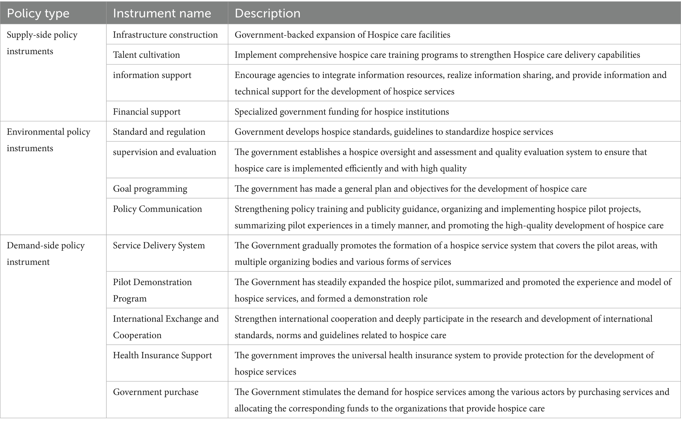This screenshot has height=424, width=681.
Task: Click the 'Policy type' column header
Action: (38, 13)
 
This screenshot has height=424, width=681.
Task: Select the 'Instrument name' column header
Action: (162, 13)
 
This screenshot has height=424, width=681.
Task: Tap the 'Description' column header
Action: (267, 13)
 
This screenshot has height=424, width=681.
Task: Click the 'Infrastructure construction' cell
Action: (165, 35)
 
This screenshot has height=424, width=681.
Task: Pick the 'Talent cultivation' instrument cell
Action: (147, 55)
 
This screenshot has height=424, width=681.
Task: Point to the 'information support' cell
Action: (152, 75)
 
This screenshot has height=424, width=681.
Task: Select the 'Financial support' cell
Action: (147, 112)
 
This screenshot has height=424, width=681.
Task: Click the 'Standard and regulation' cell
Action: (159, 132)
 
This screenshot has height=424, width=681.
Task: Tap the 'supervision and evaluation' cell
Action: (164, 152)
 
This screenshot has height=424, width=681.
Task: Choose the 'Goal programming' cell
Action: (150, 189)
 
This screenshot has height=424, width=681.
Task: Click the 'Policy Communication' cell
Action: (157, 209)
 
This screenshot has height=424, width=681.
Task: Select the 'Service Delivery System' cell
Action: (159, 245)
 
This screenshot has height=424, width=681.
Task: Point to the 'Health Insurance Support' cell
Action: (162, 355)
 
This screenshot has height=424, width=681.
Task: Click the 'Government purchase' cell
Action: (156, 392)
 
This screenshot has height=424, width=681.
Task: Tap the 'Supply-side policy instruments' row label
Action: (42, 43)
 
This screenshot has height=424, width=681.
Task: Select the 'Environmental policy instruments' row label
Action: (48, 140)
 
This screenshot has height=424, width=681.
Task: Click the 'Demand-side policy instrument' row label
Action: (45, 253)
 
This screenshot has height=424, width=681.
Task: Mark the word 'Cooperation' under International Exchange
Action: (137, 335)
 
